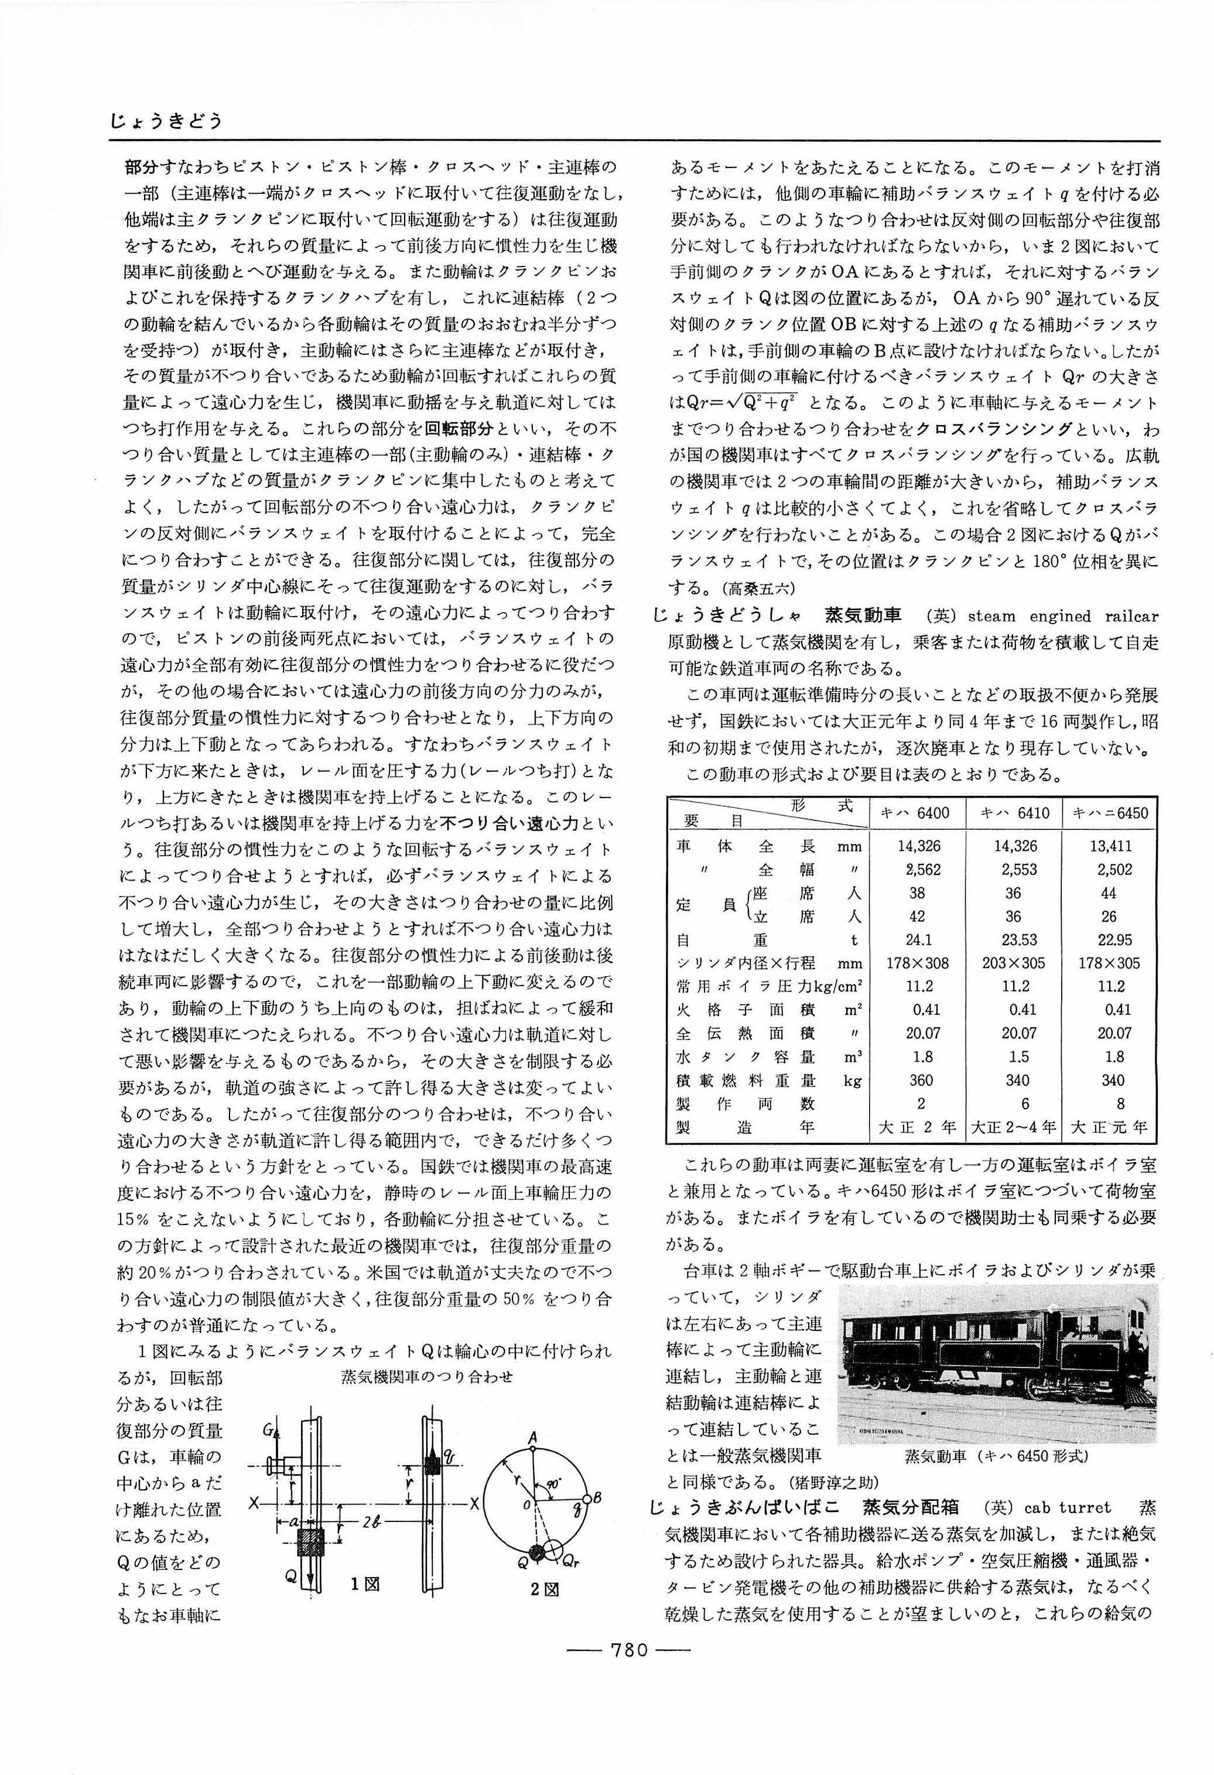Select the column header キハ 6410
1014,813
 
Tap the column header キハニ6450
1109,813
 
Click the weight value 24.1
918,939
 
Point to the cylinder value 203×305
1013,963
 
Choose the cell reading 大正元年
1109,1127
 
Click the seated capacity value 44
1109,893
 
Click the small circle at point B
589,1499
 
